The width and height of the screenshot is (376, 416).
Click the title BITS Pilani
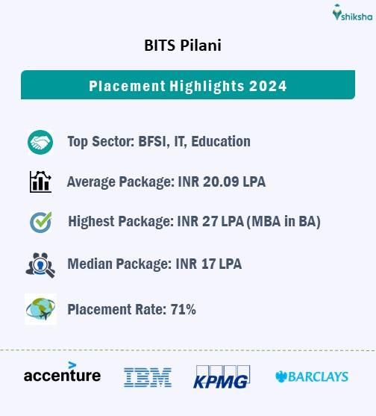point(183,46)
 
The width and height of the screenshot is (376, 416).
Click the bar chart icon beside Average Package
point(40,182)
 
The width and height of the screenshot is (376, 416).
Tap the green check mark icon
point(40,223)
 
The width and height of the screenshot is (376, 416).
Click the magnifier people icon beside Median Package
point(40,264)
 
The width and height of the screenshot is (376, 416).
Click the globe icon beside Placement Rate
point(40,308)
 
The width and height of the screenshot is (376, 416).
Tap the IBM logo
point(148,376)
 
